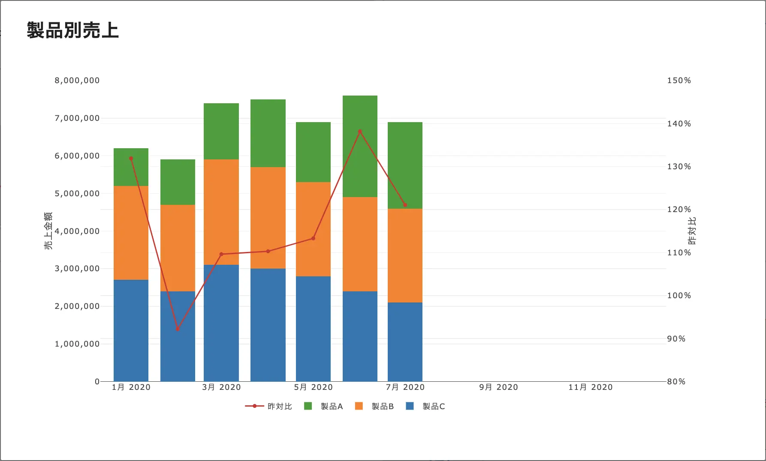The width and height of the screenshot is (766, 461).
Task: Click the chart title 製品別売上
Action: (x=72, y=30)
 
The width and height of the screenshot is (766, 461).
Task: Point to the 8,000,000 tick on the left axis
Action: (x=77, y=81)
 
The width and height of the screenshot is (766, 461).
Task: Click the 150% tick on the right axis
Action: (x=679, y=81)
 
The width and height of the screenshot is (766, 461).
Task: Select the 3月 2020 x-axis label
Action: (x=221, y=387)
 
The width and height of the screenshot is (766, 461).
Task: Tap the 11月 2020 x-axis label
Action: (x=590, y=387)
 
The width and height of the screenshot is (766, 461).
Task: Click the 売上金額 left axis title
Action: (x=48, y=231)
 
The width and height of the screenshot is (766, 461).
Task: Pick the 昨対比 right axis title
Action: (x=692, y=231)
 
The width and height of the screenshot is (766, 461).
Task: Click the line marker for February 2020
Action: (x=178, y=329)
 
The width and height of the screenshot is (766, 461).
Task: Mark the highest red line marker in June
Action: (x=360, y=132)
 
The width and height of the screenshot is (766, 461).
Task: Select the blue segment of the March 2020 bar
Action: (x=221, y=323)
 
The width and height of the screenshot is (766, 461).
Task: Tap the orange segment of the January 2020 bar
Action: (x=131, y=233)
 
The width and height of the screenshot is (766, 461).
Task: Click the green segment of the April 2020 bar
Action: (x=268, y=133)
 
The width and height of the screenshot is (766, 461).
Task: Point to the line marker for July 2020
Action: (x=405, y=205)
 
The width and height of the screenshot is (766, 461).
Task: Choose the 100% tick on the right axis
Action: (x=679, y=296)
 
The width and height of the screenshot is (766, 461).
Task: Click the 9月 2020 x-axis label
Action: (x=498, y=387)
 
